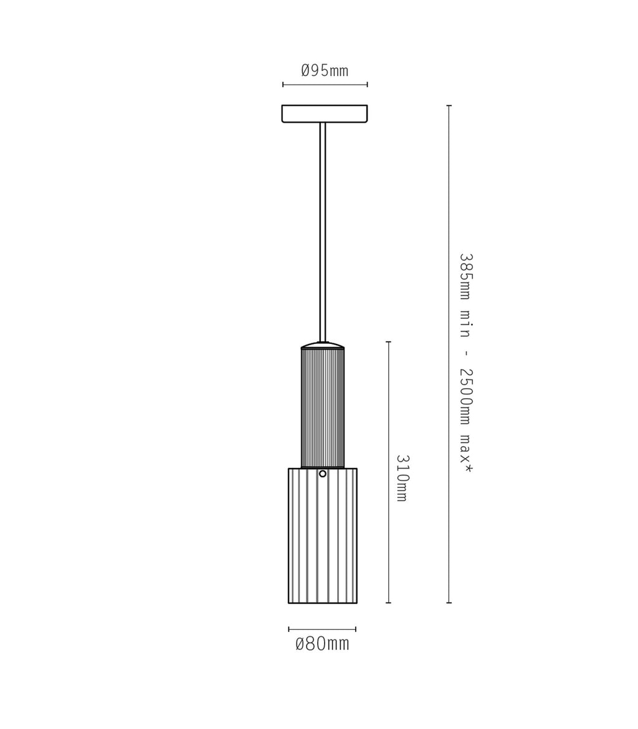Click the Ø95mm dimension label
[325, 70]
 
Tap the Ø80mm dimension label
[322, 644]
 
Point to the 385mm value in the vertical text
[465, 277]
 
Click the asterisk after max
[467, 467]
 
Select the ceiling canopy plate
[325, 114]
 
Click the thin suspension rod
[323, 232]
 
